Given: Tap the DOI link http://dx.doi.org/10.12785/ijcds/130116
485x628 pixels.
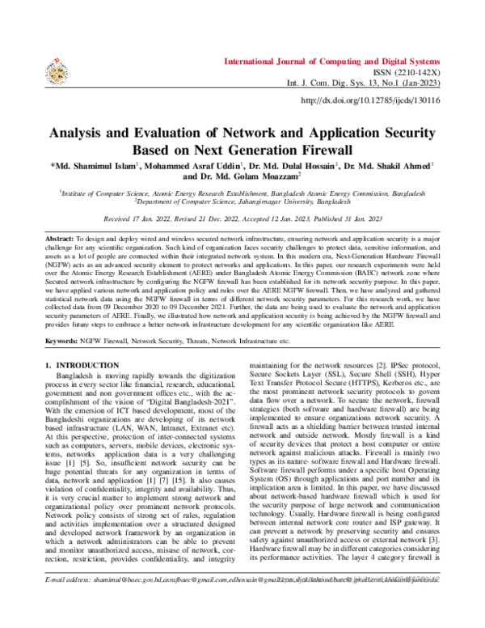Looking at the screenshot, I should click(x=369, y=100).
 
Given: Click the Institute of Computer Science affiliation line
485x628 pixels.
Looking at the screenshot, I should click(x=242, y=194).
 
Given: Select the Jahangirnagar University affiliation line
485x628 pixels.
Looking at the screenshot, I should click(x=242, y=203).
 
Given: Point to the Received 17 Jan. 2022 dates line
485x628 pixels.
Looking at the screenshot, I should click(x=242, y=219).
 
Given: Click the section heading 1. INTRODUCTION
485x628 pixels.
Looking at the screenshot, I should click(x=85, y=367).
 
